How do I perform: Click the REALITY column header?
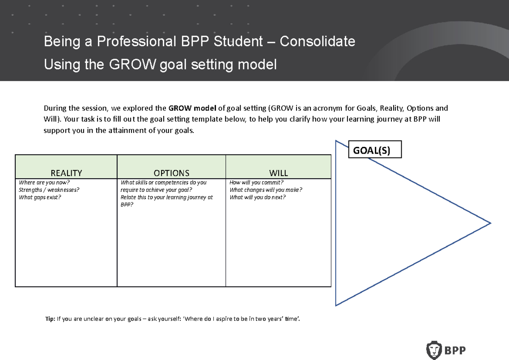point(66,173)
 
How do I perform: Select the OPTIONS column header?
point(171,173)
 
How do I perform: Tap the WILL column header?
point(279,173)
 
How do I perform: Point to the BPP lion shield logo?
point(433,350)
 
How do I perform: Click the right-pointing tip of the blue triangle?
point(490,223)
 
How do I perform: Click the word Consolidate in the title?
point(317,42)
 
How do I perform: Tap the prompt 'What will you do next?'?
point(258,197)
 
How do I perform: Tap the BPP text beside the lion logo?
point(455,351)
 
